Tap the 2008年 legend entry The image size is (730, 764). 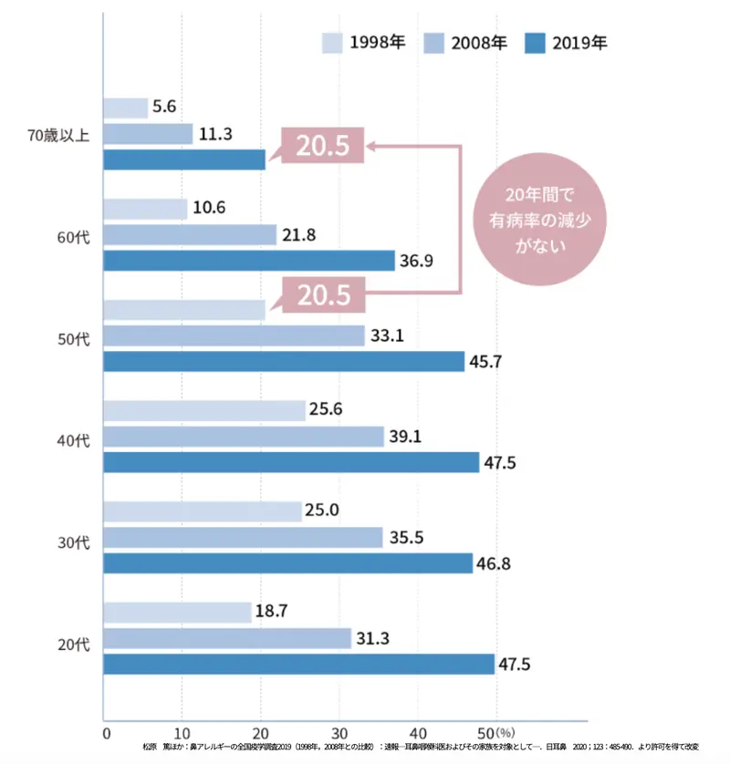pyautogui.click(x=478, y=42)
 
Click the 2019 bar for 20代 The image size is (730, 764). pyautogui.click(x=298, y=664)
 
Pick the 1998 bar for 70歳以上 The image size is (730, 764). pyautogui.click(x=126, y=108)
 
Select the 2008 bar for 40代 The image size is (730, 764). pyautogui.click(x=244, y=437)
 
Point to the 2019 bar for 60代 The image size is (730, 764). pyautogui.click(x=249, y=261)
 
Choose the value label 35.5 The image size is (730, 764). pyautogui.click(x=406, y=537)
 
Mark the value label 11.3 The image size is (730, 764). pyautogui.click(x=215, y=134)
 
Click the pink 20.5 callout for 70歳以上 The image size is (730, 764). pyautogui.click(x=322, y=147)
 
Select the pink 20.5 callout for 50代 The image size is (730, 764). pyautogui.click(x=322, y=294)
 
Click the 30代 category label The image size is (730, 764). pyautogui.click(x=73, y=543)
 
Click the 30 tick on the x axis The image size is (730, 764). pyautogui.click(x=339, y=731)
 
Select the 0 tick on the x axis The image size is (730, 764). pyautogui.click(x=106, y=731)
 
